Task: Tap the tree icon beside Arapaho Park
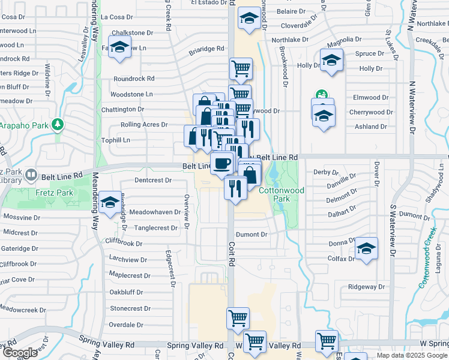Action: [58, 125]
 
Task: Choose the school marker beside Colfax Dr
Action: [366, 248]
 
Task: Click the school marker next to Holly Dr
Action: [331, 60]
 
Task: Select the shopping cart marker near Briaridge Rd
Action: [241, 68]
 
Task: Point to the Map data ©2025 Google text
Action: [411, 355]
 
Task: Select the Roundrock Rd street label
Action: [134, 79]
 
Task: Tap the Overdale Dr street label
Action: [126, 325]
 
